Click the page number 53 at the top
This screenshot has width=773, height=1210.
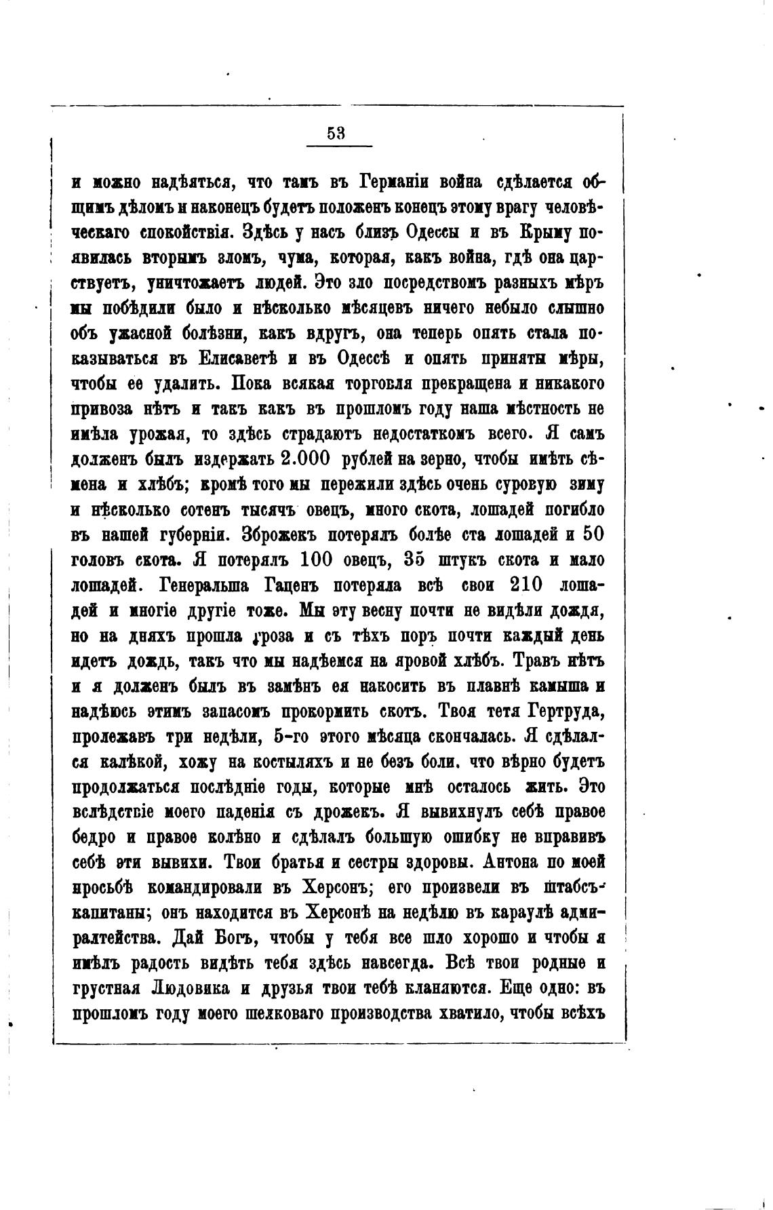[x=336, y=134]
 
